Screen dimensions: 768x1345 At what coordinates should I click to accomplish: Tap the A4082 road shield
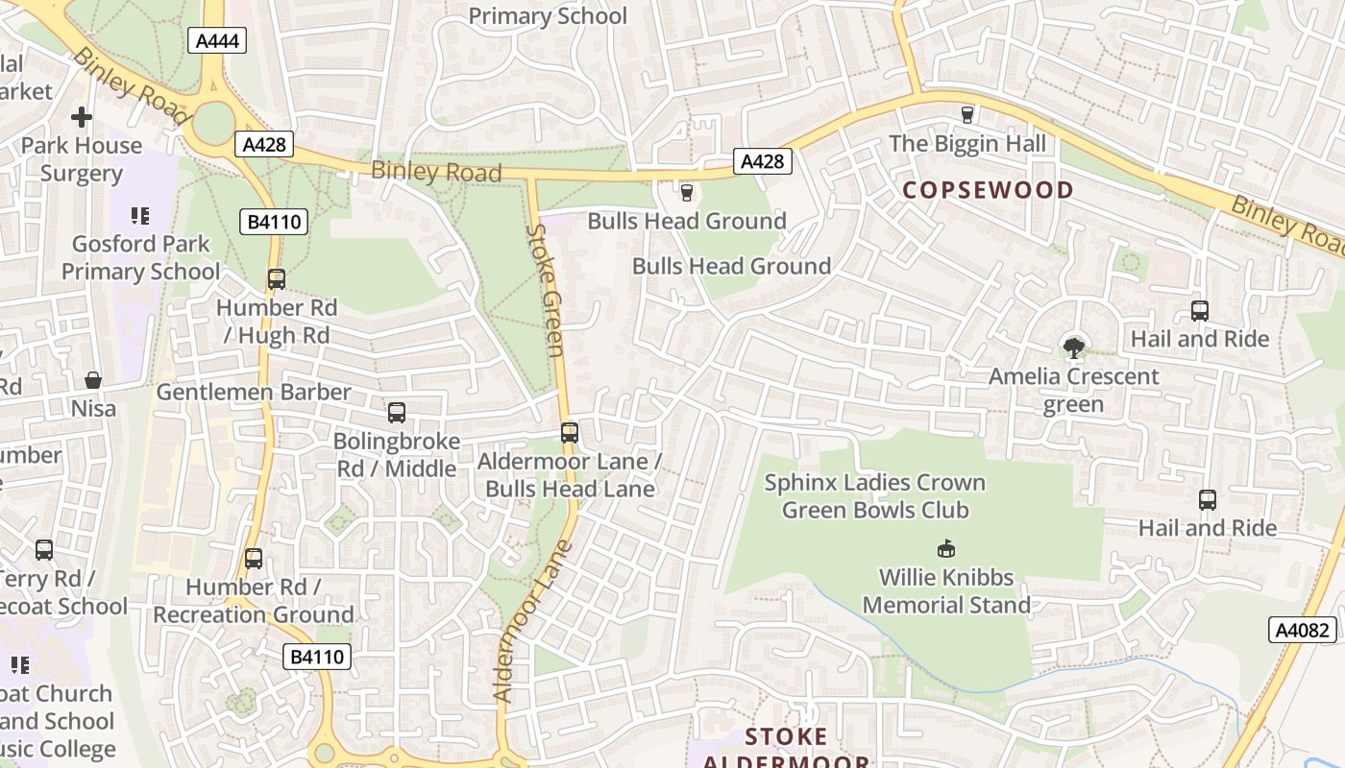pos(1303,630)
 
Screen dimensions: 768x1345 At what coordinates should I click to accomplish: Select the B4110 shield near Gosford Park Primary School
pos(274,222)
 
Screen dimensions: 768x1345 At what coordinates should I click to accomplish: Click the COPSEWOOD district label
pos(988,189)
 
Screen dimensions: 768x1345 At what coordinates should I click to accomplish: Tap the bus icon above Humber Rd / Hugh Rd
pos(277,279)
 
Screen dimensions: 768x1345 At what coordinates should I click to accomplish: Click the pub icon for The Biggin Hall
pos(966,114)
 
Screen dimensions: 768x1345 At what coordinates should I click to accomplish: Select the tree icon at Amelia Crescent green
pos(1074,348)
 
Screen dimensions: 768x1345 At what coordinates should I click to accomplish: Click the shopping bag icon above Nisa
pos(93,380)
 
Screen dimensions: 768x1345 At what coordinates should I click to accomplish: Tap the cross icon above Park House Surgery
pos(82,117)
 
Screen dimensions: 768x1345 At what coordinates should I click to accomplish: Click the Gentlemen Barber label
pos(254,392)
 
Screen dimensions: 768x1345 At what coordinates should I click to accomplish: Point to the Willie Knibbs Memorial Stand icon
pos(946,549)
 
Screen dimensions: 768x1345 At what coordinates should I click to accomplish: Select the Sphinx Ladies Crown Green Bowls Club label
pos(874,495)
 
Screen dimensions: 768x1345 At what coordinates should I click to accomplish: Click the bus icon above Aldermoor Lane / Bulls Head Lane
pos(570,433)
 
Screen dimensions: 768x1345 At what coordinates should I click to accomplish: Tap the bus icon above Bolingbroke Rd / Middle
pos(397,413)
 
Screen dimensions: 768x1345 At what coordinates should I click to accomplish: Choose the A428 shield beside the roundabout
pos(264,144)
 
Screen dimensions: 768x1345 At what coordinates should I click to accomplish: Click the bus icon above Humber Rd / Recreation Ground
pos(254,559)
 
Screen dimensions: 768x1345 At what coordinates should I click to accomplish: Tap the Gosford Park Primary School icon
pos(140,216)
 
